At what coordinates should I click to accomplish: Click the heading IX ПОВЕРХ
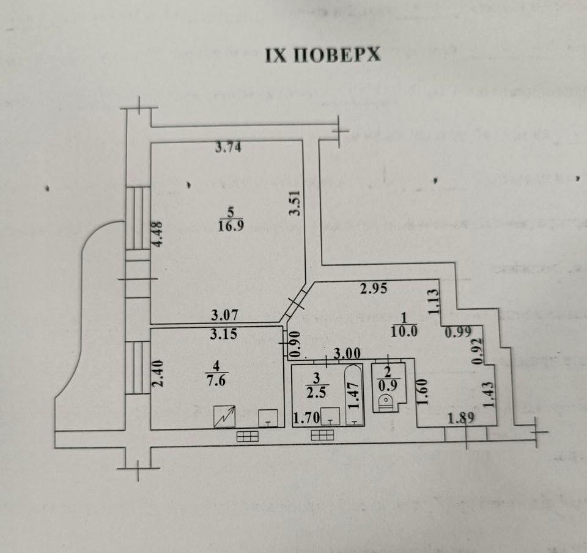[322, 55]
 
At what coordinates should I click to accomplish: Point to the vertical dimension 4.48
[158, 234]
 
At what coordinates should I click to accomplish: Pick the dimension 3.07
[225, 316]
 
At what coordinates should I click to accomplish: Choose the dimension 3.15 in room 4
[225, 335]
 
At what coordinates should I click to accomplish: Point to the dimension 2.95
[374, 289]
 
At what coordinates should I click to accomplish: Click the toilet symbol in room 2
[386, 403]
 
